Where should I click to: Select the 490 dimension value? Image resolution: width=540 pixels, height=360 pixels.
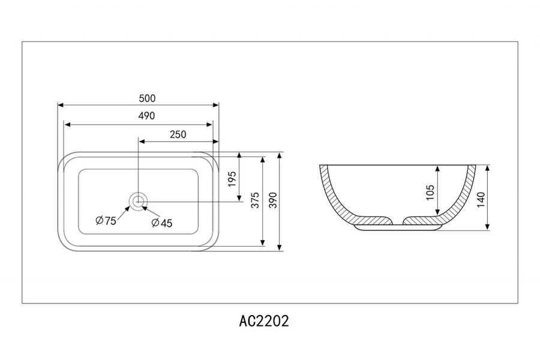pos(138,116)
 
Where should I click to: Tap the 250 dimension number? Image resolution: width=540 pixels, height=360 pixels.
pos(178,134)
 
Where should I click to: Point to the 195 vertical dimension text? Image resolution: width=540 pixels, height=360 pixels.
pos(232,178)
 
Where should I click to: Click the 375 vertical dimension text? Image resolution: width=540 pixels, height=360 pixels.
pos(255,202)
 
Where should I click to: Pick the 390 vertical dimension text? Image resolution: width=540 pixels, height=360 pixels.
pos(273,202)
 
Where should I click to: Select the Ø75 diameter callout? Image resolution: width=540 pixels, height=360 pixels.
pos(106,221)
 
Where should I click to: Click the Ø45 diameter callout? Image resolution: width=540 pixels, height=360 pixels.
pos(162,223)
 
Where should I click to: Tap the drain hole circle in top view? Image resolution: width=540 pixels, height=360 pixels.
pos(139,200)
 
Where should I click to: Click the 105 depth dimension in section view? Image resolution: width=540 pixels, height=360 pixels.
pos(430,191)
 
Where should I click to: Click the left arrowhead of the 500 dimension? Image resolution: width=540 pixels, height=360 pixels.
pos(60,105)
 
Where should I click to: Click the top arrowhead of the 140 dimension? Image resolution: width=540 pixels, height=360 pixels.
pos(489,167)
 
